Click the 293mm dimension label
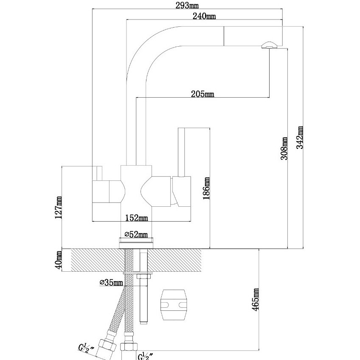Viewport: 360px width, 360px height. (187, 6)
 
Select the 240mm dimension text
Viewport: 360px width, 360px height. (204, 16)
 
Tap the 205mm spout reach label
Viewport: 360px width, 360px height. (202, 94)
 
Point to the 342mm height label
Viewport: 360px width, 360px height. (300, 138)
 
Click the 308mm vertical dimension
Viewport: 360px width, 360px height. (284, 148)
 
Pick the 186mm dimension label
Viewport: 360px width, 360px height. (206, 188)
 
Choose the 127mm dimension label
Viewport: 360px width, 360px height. (58, 208)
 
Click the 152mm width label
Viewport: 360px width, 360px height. (136, 217)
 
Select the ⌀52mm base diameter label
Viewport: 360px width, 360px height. (136, 234)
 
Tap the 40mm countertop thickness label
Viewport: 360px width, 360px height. (58, 260)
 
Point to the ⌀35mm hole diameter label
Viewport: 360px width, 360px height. (111, 282)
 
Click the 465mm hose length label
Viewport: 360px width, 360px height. (255, 300)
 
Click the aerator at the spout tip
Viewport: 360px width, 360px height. (270, 45)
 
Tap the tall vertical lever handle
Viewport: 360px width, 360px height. (181, 152)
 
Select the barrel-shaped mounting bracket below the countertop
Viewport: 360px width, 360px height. (174, 305)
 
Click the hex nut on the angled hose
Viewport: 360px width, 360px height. (107, 344)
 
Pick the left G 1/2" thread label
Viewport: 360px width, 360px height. (86, 348)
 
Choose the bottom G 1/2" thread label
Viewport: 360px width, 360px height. (146, 356)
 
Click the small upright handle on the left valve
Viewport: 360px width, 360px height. (99, 173)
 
